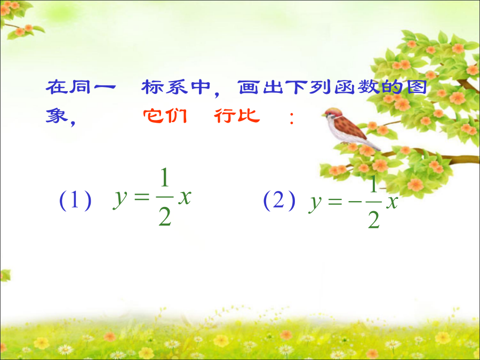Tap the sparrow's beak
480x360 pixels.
[323, 115]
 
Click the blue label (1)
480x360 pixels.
[75, 201]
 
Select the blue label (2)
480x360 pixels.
[279, 201]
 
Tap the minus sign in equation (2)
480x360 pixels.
[355, 202]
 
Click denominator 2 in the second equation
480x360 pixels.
[374, 220]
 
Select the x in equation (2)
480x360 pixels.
[391, 202]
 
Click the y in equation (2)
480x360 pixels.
[315, 204]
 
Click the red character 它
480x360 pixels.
[153, 116]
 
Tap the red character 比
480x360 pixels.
[249, 115]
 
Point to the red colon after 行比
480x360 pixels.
[292, 118]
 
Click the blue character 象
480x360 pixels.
[57, 116]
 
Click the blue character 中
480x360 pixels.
[201, 87]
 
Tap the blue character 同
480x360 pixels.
[79, 87]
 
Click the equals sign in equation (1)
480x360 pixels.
[141, 197]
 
